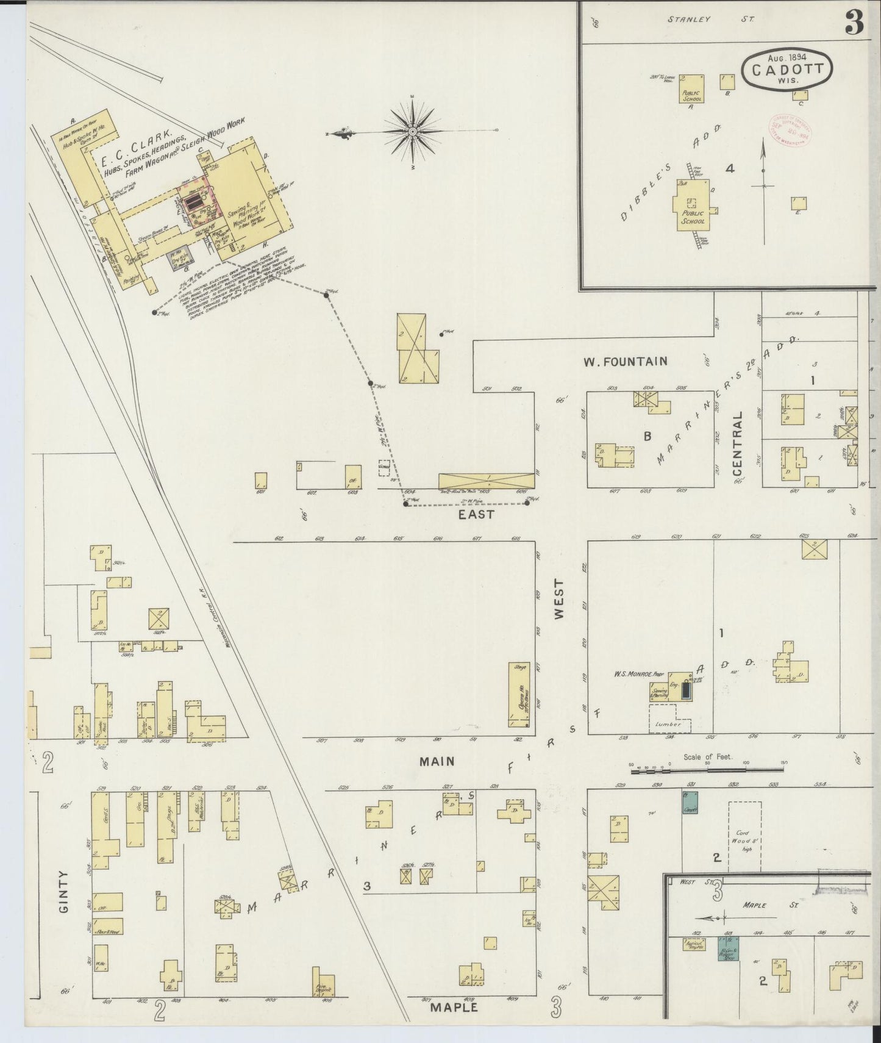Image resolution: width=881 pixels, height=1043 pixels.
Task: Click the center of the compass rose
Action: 413,131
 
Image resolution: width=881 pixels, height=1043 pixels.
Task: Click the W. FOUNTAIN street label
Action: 625,362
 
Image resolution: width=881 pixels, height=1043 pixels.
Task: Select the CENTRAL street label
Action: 738,443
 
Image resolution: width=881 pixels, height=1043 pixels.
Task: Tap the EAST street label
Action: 476,514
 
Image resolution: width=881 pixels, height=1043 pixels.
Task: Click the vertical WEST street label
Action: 559,600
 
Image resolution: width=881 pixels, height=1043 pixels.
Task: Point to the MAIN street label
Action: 437,761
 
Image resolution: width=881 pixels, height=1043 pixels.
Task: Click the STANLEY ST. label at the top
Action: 710,19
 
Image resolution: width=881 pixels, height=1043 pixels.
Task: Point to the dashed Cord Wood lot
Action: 744,836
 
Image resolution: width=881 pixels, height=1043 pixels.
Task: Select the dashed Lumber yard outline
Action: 670,719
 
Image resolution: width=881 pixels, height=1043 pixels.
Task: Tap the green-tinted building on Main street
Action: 690,801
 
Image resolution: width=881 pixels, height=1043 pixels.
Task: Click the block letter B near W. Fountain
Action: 648,436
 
